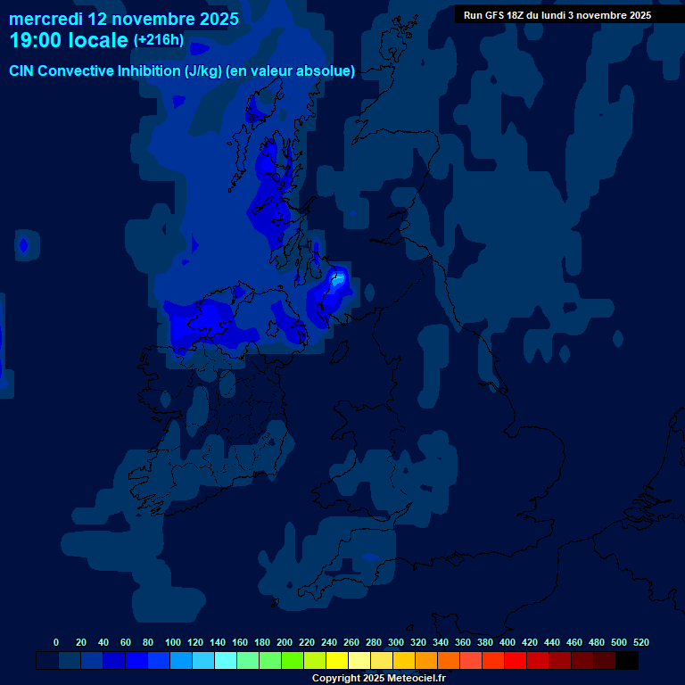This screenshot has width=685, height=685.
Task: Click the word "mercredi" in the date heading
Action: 45,19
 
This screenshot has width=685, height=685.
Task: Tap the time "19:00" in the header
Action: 37,40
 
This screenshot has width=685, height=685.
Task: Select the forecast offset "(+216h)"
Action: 158,40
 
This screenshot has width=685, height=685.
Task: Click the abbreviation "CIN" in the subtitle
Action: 22,71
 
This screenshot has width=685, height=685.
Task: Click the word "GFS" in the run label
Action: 496,15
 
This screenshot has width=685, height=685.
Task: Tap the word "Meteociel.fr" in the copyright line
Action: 413,678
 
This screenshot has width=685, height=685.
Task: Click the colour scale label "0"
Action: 56,642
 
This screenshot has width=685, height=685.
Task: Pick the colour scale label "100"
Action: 173,642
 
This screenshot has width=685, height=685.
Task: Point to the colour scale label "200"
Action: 285,642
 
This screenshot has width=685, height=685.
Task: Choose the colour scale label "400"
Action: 508,642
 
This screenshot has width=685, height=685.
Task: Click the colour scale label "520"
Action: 641,642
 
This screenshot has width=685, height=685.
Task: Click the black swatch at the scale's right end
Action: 627,661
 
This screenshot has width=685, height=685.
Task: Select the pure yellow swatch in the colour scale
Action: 337,661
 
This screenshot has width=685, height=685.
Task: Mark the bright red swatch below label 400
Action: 516,661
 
